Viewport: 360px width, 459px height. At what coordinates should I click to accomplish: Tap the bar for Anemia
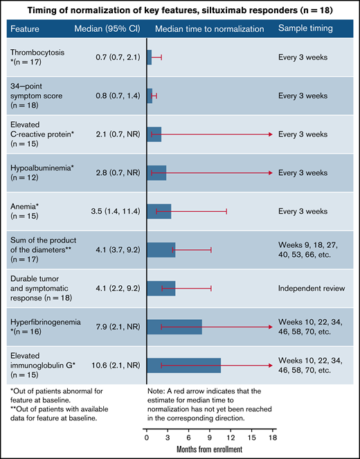tap(159, 211)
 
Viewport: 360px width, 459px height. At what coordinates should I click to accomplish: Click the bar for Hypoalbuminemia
tap(156, 172)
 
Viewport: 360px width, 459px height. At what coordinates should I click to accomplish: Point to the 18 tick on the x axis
tap(273, 437)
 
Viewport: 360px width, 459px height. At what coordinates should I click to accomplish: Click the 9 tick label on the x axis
tap(210, 437)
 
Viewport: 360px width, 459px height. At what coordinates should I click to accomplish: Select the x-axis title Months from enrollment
tap(209, 451)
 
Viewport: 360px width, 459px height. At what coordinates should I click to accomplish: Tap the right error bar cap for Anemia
tap(226, 211)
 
